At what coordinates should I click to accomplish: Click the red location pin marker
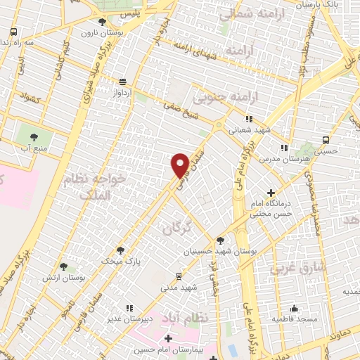(180, 165)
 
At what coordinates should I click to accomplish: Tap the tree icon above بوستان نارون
(103, 22)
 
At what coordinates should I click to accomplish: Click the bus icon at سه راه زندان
(15, 32)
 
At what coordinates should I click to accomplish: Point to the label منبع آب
(34, 147)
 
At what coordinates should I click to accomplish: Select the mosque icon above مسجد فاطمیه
(294, 308)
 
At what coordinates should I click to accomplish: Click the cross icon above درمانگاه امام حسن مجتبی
(271, 193)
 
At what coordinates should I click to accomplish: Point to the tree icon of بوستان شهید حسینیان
(220, 240)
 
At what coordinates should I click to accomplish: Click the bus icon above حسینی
(325, 139)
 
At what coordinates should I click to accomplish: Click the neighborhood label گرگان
(176, 229)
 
